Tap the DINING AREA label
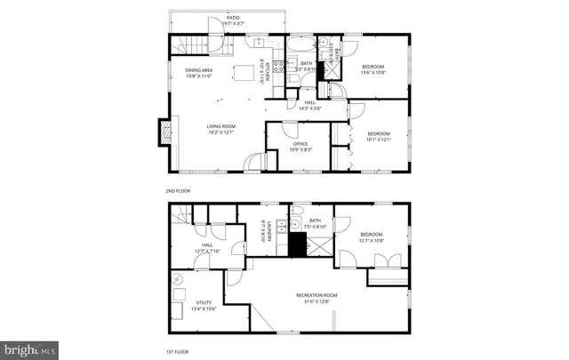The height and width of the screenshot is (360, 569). click(x=197, y=73)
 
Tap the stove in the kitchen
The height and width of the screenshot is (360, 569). click(x=278, y=63)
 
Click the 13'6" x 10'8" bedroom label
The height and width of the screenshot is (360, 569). click(x=373, y=69)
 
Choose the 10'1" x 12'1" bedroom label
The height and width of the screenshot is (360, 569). click(x=379, y=136)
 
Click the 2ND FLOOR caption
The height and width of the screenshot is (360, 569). click(x=177, y=190)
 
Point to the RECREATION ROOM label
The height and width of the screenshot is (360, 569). click(x=316, y=298)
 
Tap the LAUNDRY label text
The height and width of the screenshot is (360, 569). click(x=262, y=233)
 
